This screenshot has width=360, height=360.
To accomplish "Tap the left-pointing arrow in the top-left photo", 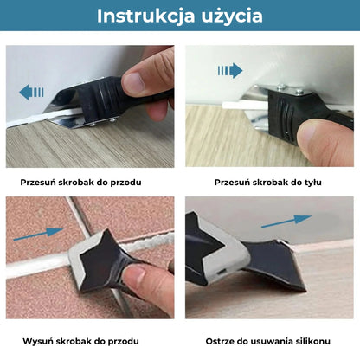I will pyautogui.click(x=32, y=91).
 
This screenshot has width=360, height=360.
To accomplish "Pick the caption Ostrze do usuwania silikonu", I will pyautogui.click(x=268, y=342).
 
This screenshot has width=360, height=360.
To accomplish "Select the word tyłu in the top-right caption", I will pyautogui.click(x=311, y=183).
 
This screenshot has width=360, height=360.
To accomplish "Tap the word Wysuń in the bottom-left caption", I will pyautogui.click(x=37, y=342).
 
